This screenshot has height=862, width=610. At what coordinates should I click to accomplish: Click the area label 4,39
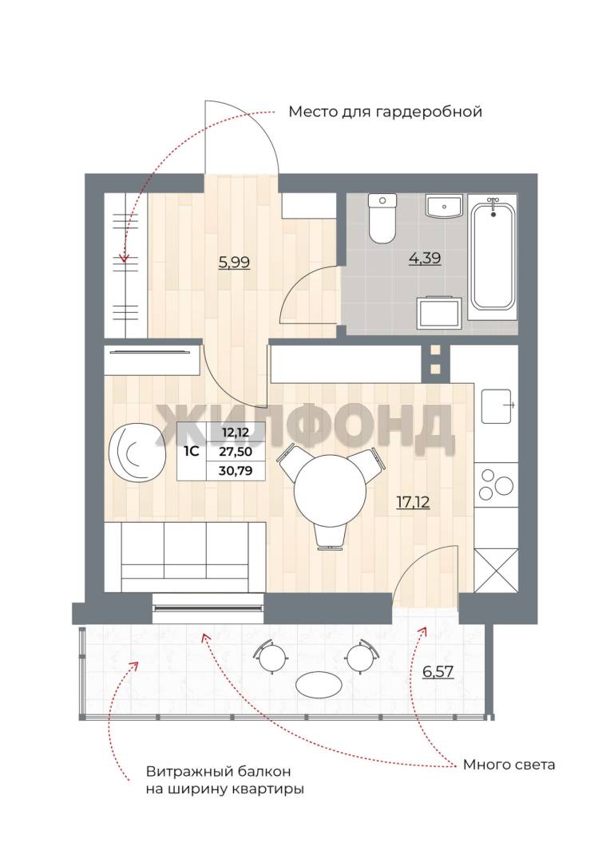click(x=425, y=258)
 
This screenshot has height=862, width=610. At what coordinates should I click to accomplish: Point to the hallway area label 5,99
click(x=234, y=263)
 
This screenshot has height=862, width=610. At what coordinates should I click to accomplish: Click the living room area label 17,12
click(x=413, y=501)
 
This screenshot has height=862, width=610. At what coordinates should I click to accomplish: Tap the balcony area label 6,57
click(x=438, y=671)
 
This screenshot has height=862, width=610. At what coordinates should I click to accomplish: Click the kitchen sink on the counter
click(x=497, y=406)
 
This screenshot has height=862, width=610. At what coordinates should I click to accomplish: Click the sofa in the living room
click(x=184, y=557)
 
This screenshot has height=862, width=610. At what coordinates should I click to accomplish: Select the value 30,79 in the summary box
click(x=235, y=471)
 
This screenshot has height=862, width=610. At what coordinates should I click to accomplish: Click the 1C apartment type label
click(x=191, y=451)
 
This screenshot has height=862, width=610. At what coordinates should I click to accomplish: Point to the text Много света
click(x=509, y=765)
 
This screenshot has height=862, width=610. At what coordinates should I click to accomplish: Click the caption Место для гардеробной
click(x=385, y=113)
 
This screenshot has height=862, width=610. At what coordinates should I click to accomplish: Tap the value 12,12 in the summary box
click(x=236, y=432)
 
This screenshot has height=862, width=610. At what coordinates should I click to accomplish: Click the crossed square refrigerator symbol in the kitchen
click(x=496, y=571)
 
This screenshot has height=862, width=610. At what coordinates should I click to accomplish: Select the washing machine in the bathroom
click(x=438, y=313)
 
